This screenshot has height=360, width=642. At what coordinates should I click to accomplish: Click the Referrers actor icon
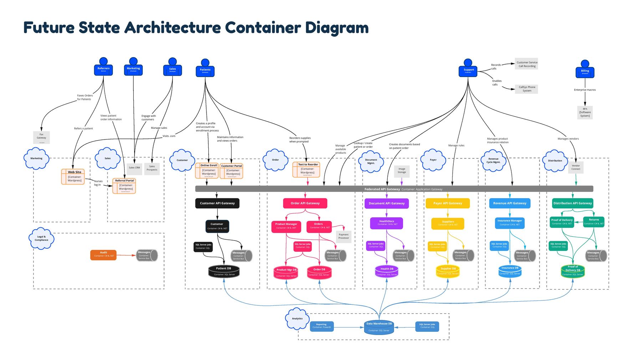(103, 67)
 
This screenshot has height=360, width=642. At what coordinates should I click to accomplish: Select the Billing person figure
(585, 70)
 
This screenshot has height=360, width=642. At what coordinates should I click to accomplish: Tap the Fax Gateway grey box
(41, 137)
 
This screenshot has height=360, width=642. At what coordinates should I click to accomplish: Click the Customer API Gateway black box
(217, 203)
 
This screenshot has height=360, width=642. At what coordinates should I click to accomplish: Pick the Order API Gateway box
(305, 203)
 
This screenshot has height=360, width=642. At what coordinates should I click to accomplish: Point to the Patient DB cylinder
(224, 272)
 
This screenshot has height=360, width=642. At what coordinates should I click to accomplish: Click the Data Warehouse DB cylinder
(379, 327)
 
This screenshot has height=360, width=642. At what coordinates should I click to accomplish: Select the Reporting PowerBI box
(321, 326)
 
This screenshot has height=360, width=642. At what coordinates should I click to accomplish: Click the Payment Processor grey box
(343, 237)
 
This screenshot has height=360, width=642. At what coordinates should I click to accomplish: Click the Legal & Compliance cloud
(41, 238)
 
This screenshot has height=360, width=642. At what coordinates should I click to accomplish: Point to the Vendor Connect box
(576, 167)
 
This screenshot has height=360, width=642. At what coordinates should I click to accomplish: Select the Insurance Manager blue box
(509, 223)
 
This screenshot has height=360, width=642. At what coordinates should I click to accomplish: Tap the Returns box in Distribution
(594, 222)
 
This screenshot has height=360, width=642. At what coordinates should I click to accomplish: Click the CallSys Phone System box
(526, 89)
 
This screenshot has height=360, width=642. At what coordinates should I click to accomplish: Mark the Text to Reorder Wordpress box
(306, 170)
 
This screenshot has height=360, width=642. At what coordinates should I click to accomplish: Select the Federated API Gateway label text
(382, 189)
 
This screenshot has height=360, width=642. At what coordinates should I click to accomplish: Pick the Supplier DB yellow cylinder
(448, 272)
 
